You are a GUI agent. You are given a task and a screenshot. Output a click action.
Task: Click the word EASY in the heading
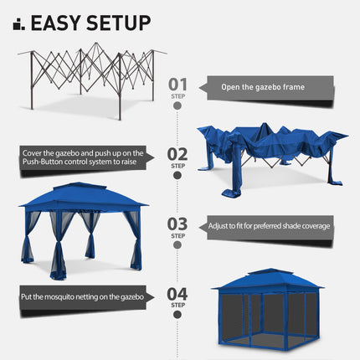tap(59, 23)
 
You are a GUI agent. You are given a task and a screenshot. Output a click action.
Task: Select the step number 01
tap(177, 84)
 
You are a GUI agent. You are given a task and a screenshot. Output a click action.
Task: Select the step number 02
tap(177, 153)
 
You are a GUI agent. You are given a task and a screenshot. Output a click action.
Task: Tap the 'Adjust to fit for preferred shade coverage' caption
tap(270, 226)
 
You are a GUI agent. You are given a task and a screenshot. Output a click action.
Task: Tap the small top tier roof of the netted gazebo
tap(267, 273)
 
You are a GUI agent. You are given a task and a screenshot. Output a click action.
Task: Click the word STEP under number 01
tap(177, 96)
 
